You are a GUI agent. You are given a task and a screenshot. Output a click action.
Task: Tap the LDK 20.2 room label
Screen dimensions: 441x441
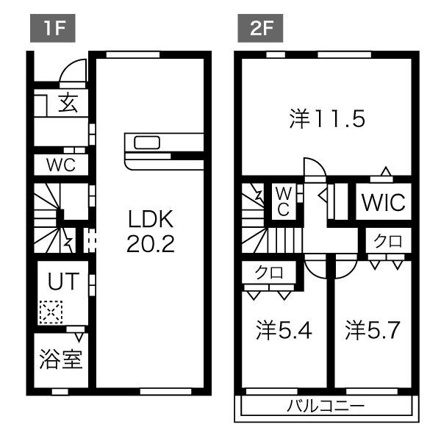coord(151,231)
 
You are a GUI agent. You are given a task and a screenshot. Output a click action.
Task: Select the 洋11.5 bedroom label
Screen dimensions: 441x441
coord(326,119)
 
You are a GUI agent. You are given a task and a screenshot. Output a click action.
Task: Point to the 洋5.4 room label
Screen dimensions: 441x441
coord(284,330)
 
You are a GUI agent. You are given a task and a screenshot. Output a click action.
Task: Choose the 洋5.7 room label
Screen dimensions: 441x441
coord(373,330)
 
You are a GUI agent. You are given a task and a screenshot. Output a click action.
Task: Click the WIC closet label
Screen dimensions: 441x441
coord(383,202)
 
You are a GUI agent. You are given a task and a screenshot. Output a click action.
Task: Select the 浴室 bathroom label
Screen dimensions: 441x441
coord(60,360)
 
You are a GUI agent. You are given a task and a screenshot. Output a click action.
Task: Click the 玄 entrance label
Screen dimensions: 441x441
coord(68,104)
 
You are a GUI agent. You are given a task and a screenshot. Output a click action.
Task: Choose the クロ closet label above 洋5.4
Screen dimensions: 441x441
coord(269,272)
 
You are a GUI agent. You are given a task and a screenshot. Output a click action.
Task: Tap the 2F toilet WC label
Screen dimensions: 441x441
coord(284,201)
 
